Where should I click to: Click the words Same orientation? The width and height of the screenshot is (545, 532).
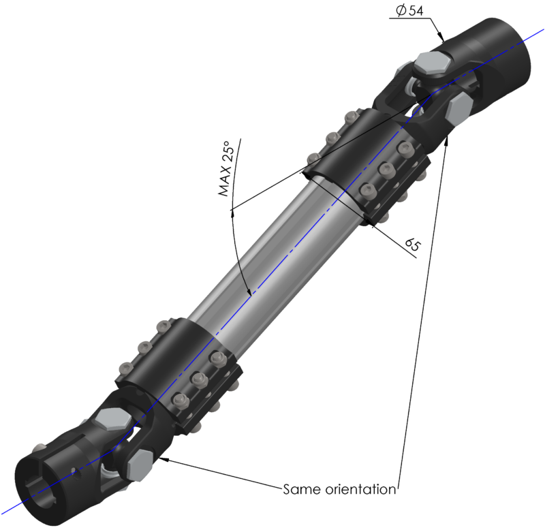pos(339,489)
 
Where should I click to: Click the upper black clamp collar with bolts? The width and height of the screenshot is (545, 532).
pos(368,167)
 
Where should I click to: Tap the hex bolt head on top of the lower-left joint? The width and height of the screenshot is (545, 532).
pos(109,420)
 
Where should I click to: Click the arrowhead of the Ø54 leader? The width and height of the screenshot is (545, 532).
pos(442,38)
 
